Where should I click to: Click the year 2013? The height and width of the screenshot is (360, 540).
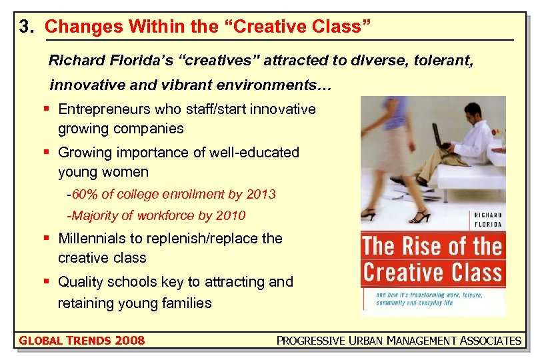261,195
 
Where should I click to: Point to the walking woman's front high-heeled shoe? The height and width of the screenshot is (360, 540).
421,217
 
